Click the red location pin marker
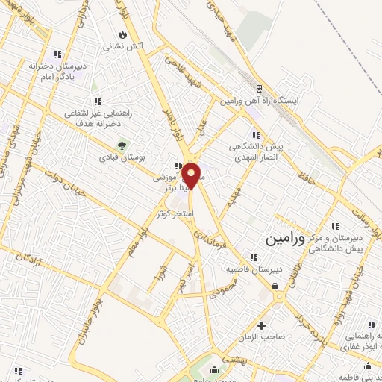pyautogui.click(x=192, y=175)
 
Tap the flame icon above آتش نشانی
pyautogui.click(x=122, y=34)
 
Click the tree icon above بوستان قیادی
pyautogui.click(x=119, y=145)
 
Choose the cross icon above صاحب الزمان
pyautogui.click(x=261, y=325)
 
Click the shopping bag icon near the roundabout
pyautogui.click(x=275, y=285)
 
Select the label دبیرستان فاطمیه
pyautogui.click(x=275, y=269)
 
